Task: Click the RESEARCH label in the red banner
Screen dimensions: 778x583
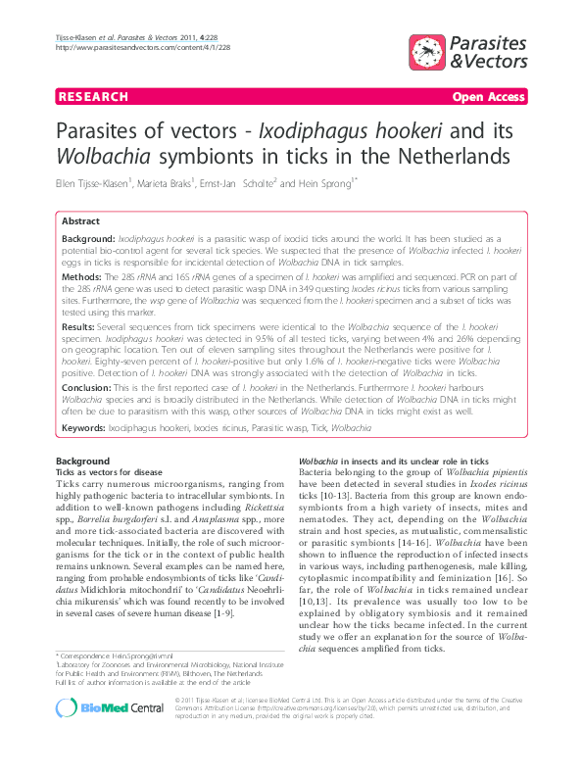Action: pyautogui.click(x=93, y=97)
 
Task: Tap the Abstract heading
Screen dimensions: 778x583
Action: pyautogui.click(x=81, y=222)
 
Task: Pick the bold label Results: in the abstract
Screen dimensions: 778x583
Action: pyautogui.click(x=81, y=323)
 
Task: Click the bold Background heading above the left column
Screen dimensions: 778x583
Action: pyautogui.click(x=82, y=461)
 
